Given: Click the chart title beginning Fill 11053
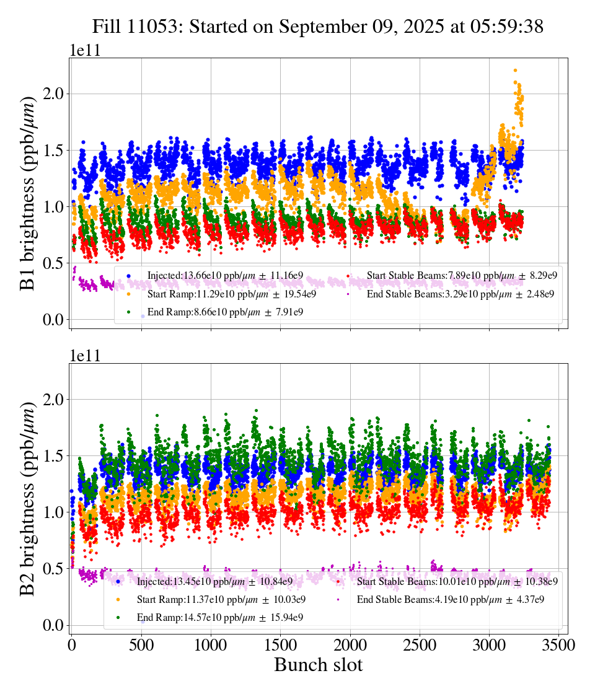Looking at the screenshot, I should tap(318, 27).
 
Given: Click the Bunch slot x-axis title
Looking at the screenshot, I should tap(318, 665).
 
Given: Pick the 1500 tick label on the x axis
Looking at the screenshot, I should tap(280, 645).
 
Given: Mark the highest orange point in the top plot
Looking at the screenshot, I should tap(515, 71).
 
